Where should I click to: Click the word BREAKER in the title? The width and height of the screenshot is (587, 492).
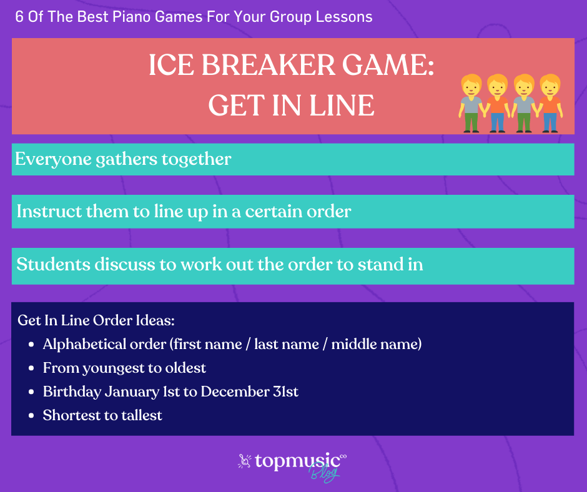tap(269, 65)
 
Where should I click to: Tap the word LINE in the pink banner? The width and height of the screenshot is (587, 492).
tap(342, 106)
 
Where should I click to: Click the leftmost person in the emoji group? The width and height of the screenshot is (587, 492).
tap(471, 103)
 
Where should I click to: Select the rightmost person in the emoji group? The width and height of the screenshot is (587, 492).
tap(550, 103)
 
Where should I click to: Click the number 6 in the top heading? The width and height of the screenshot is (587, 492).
tap(19, 17)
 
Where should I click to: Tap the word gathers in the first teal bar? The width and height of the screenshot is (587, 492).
tap(127, 160)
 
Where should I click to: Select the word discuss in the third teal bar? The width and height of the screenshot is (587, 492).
tap(125, 264)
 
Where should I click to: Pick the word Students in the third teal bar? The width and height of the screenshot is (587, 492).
tap(54, 264)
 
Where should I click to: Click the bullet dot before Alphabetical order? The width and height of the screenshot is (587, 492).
tap(31, 345)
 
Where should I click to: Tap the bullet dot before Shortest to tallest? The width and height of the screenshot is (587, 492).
tap(31, 416)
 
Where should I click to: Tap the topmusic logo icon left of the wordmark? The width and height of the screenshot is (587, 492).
tap(244, 461)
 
